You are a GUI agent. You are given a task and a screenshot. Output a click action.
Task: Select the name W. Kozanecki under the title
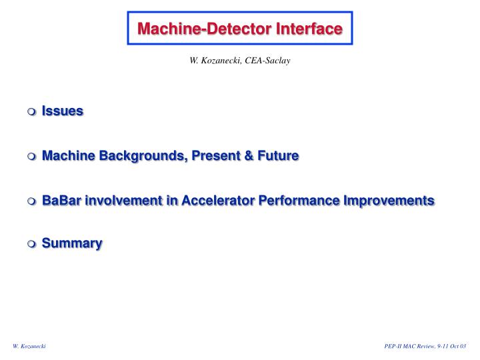214,61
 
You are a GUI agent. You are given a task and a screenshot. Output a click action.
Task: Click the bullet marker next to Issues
32,111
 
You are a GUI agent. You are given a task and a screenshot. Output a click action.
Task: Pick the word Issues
62,111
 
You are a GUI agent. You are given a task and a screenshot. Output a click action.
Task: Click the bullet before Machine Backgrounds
32,157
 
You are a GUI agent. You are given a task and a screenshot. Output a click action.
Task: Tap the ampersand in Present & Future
247,156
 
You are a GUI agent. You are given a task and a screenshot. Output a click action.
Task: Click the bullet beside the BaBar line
32,201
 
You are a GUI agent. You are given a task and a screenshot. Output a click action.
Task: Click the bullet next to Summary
32,245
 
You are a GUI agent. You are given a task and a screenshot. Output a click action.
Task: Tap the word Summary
72,244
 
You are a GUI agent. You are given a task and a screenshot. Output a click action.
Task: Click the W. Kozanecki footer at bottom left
29,347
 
